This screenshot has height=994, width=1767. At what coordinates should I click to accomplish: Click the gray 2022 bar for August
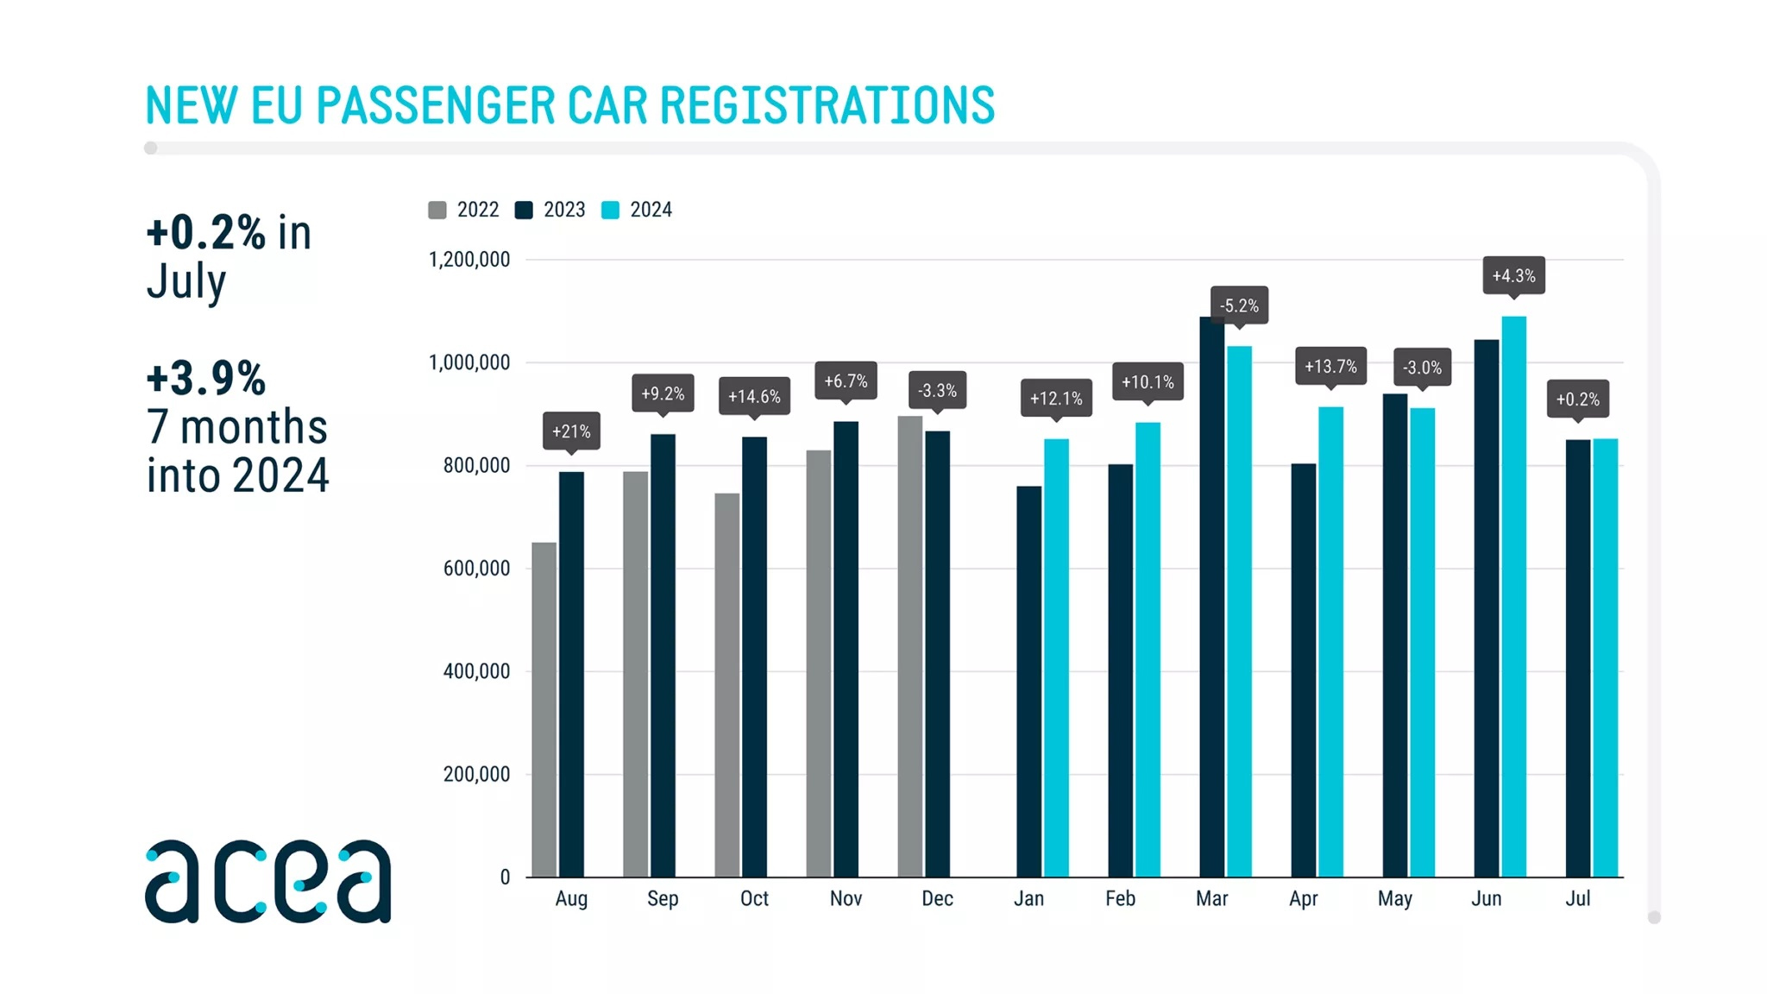coord(544,709)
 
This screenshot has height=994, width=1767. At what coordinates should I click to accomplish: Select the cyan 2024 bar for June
coord(1513,596)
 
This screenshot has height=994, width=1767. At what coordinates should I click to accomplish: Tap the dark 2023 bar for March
coord(1211,596)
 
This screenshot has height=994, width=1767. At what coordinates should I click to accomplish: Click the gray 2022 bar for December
coord(909,646)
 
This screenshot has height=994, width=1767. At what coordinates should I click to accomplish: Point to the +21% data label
coord(571,431)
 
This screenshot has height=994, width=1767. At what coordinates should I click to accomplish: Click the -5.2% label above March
coord(1239,305)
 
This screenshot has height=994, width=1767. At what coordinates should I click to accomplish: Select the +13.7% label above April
coord(1330,367)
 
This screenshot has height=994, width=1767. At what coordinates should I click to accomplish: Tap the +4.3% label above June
coord(1513,276)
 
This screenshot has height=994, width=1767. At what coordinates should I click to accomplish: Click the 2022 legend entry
coord(464,210)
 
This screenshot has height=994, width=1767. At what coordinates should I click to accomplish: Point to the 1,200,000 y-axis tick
coord(469,260)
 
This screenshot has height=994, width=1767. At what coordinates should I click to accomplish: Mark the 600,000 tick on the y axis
coord(476,569)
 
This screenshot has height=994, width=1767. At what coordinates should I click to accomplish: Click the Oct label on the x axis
coord(754,899)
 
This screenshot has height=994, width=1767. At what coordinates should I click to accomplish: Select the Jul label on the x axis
coord(1577,899)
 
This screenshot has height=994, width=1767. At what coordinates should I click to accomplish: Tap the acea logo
coord(267,880)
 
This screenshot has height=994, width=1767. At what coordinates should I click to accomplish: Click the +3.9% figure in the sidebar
coord(206,378)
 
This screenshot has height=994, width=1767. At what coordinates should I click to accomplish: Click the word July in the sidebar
coord(186,282)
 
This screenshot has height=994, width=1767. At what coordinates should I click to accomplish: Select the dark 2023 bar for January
coord(1028,682)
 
